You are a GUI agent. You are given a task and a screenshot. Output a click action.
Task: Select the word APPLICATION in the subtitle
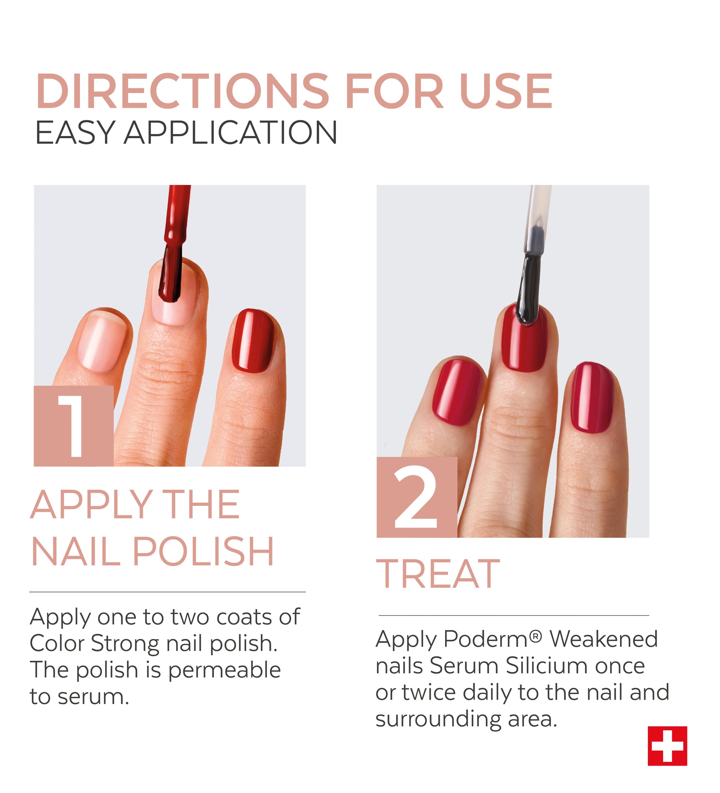tap(231, 133)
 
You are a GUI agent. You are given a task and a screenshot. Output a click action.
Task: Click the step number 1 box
tap(74, 426)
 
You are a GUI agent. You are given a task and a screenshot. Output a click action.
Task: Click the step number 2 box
tap(417, 497)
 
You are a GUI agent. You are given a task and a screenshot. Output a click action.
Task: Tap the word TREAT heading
tap(438, 575)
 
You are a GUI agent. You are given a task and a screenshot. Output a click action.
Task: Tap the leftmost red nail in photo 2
tap(458, 392)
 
